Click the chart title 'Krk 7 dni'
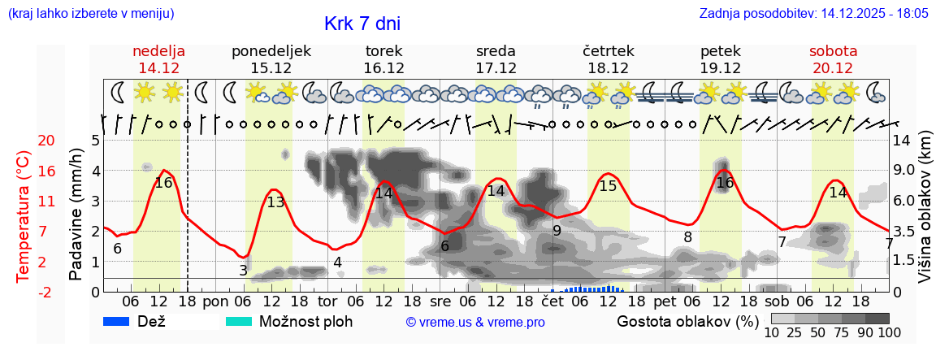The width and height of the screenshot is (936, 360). tap(362, 24)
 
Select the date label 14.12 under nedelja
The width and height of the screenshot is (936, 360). tap(158, 68)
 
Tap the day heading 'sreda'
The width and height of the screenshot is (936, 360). tap(496, 51)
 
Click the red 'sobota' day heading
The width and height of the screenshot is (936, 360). tap(833, 51)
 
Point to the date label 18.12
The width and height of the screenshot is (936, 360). tap(608, 68)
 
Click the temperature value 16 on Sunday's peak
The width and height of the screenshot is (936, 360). tap(163, 183)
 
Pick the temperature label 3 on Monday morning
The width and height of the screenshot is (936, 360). tap(243, 271)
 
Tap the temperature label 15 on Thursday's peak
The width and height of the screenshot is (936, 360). tap(608, 186)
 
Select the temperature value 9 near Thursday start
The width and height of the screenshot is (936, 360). tap(557, 231)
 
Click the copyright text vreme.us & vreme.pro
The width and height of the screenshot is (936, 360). tap(475, 322)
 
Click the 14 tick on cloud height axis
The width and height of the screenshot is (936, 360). tap(902, 141)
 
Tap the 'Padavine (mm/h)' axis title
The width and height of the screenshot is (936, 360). tap(76, 215)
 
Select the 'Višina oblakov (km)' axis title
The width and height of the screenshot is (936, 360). tap(925, 215)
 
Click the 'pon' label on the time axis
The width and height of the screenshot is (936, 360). tap(216, 301)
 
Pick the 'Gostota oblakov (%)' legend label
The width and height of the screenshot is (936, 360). tap(687, 321)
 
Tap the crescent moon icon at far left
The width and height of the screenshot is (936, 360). tap(118, 92)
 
